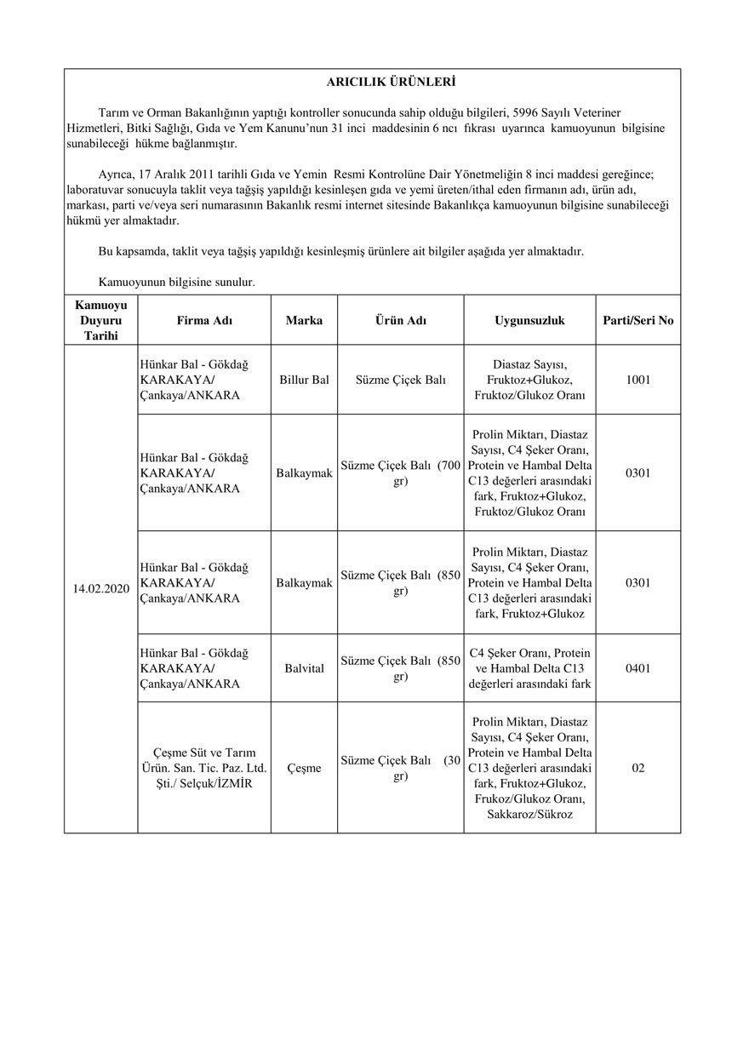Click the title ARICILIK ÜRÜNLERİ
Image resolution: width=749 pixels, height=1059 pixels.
391,83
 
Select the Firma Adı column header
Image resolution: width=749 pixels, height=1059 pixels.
204,321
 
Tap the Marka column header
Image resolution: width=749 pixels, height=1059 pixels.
304,321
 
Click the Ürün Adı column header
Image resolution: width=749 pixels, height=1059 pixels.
401,321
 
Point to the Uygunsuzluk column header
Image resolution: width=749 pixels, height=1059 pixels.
529,321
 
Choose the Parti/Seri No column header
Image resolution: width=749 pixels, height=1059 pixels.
638,321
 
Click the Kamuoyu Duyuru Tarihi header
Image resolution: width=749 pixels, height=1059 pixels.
101,321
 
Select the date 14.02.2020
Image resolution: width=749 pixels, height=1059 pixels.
101,588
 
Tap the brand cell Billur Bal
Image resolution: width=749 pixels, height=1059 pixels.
304,380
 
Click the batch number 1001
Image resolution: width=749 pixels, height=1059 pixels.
638,380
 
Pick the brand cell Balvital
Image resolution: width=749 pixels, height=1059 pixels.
304,668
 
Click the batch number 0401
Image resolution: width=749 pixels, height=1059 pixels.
638,668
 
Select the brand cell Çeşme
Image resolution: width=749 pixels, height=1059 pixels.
304,768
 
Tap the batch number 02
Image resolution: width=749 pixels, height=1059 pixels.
638,768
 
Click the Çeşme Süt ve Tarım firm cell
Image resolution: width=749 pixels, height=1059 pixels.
204,768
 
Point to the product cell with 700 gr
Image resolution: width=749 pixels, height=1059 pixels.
401,473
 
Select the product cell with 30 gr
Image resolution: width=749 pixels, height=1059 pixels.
401,768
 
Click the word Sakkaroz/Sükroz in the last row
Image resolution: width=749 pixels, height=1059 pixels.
529,815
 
